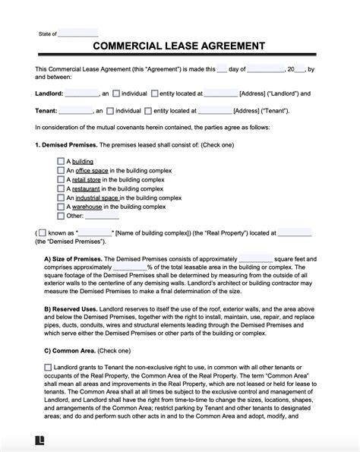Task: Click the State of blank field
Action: [78, 33]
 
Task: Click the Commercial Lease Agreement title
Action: [179, 46]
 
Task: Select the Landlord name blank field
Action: [82, 93]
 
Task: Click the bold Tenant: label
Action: [47, 110]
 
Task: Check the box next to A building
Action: [61, 161]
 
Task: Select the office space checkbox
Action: [61, 172]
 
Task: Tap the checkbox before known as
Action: [43, 233]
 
